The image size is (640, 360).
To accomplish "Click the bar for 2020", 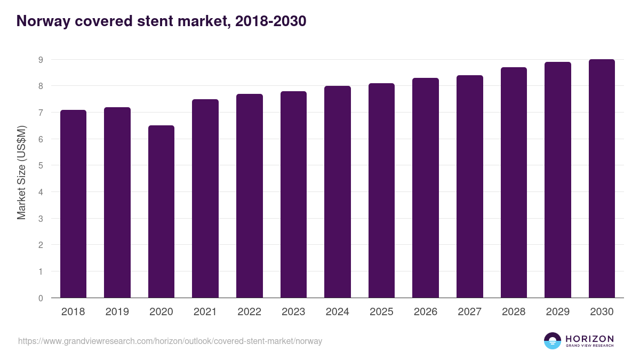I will tap(161, 211).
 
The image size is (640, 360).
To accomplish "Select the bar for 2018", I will tap(73, 204).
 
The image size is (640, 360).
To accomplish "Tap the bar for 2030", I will tap(602, 178).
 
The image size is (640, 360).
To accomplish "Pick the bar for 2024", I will tap(338, 191).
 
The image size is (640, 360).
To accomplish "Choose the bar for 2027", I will tap(470, 186).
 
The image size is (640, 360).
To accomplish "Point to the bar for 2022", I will tap(250, 196).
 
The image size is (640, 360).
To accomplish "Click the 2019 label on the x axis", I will tap(117, 312).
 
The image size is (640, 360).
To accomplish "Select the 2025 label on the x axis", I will tap(381, 312).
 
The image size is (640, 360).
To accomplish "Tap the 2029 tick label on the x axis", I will tap(558, 312).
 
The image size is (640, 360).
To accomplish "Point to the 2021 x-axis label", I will tap(205, 312).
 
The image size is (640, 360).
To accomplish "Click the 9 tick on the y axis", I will tap(41, 60).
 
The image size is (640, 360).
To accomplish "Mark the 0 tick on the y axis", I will tap(41, 298).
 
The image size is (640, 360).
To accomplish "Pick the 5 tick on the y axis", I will tap(41, 166).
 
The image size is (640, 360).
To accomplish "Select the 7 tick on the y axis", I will tap(41, 113).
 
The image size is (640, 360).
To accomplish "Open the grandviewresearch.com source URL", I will tap(170, 341).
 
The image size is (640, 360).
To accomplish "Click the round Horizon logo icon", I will tap(553, 341).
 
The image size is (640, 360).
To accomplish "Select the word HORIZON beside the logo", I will tap(589, 338).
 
